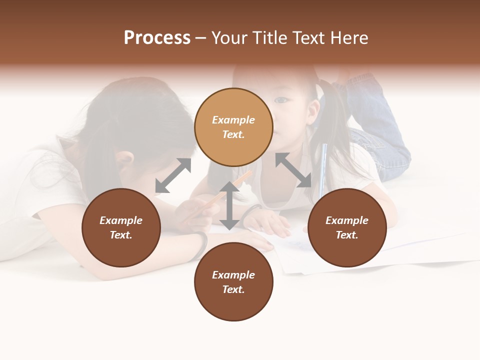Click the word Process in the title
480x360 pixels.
coord(157,37)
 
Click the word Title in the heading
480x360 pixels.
coord(270,37)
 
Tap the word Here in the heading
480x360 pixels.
coord(348,37)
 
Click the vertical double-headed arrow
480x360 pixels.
coord(229,205)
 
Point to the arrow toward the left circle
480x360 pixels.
coord(173,175)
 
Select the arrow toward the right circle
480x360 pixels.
coord(293,170)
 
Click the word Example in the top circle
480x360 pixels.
coord(233,120)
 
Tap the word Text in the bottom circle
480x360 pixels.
coord(233,289)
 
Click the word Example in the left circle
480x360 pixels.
coord(121,220)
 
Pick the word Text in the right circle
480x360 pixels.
coord(347,235)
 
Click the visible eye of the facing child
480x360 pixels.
coord(282,100)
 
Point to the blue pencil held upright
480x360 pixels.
coord(323,165)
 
